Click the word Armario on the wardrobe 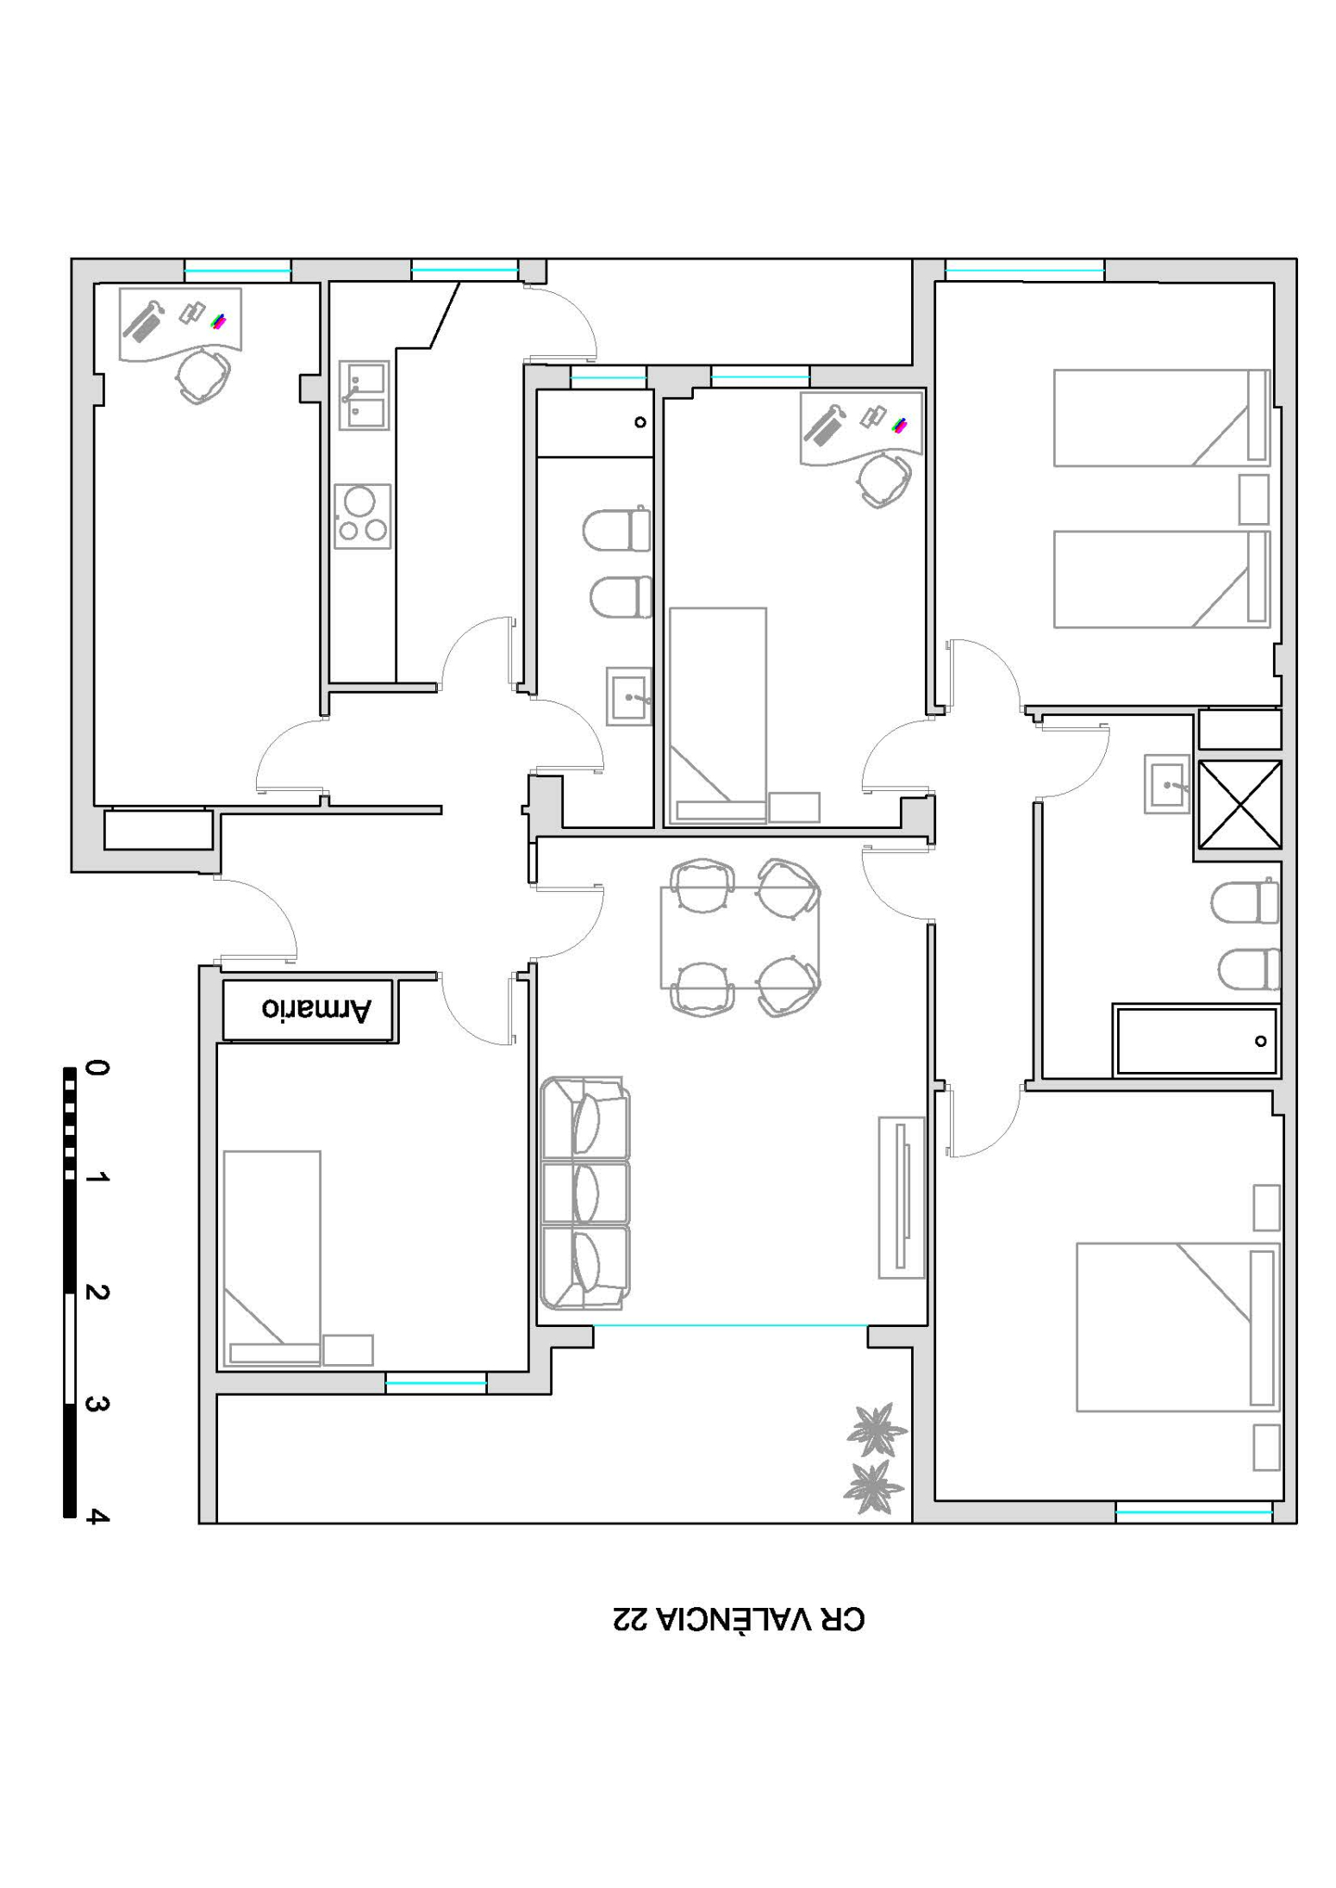(316, 1009)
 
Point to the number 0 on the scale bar (97, 1069)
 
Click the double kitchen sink (364, 396)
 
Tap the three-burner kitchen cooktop (363, 516)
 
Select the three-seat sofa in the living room (585, 1193)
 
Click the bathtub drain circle (1261, 1041)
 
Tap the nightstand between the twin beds (1254, 499)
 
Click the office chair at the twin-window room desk (203, 376)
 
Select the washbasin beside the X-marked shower (1167, 784)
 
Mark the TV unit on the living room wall (902, 1198)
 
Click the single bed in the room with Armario (272, 1260)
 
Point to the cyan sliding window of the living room (730, 1325)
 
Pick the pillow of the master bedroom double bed (1262, 1328)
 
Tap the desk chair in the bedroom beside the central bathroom (885, 480)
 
